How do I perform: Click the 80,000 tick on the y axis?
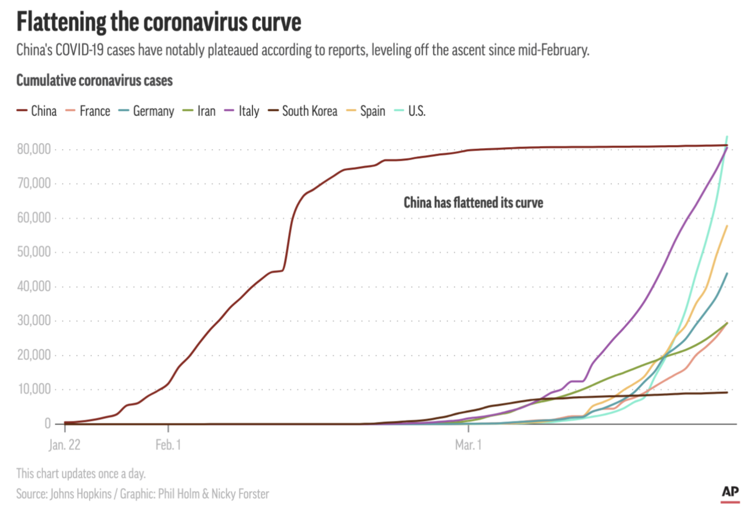pyautogui.click(x=34, y=149)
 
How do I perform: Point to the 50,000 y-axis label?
pyautogui.click(x=34, y=252)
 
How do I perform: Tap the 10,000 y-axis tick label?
pyautogui.click(x=34, y=389)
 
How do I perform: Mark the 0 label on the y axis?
pyautogui.click(x=47, y=424)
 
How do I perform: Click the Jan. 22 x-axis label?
pyautogui.click(x=64, y=445)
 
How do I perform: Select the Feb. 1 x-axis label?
pyautogui.click(x=168, y=445)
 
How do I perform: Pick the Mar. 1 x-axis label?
pyautogui.click(x=468, y=445)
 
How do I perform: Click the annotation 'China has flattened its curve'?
pyautogui.click(x=473, y=203)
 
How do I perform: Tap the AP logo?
pyautogui.click(x=730, y=492)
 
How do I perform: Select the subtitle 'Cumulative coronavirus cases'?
pyautogui.click(x=94, y=81)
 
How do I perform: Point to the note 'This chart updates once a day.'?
pyautogui.click(x=81, y=473)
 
